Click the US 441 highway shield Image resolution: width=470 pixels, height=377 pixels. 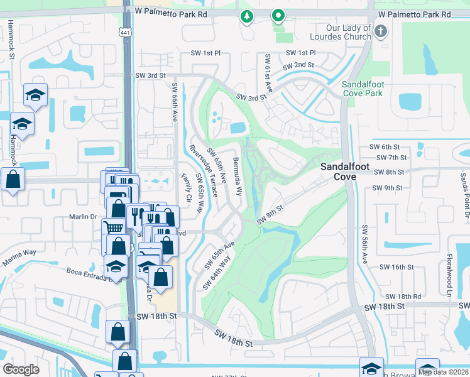(125, 32)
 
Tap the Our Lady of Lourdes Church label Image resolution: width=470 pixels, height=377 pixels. (349, 32)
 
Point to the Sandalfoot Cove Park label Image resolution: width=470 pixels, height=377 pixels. (363, 89)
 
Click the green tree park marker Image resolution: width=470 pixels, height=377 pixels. (247, 17)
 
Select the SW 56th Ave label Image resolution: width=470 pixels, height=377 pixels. (364, 244)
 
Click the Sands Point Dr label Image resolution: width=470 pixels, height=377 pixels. (464, 198)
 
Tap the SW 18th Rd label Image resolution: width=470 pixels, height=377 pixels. (403, 296)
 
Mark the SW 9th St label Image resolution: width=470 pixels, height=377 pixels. (386, 188)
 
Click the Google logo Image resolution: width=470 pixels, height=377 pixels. (21, 369)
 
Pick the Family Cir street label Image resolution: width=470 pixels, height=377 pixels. (186, 188)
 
